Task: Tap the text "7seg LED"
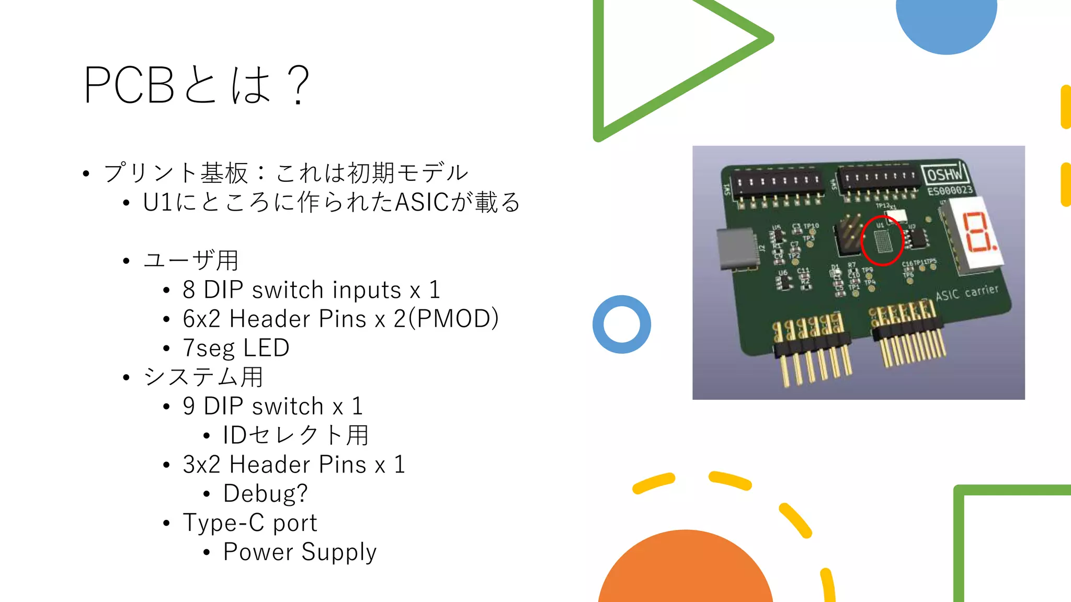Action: pos(236,348)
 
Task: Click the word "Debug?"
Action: pos(265,493)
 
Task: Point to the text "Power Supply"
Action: pos(300,552)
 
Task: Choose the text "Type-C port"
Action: pos(250,523)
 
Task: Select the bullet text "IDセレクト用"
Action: pos(296,435)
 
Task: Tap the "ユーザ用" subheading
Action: pos(191,260)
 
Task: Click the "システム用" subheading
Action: pos(203,377)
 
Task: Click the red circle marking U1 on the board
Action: pos(882,241)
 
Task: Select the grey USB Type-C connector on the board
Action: pos(737,250)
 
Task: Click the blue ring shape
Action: pos(622,325)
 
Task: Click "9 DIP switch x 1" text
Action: pos(272,406)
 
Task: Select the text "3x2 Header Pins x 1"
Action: pos(294,465)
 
